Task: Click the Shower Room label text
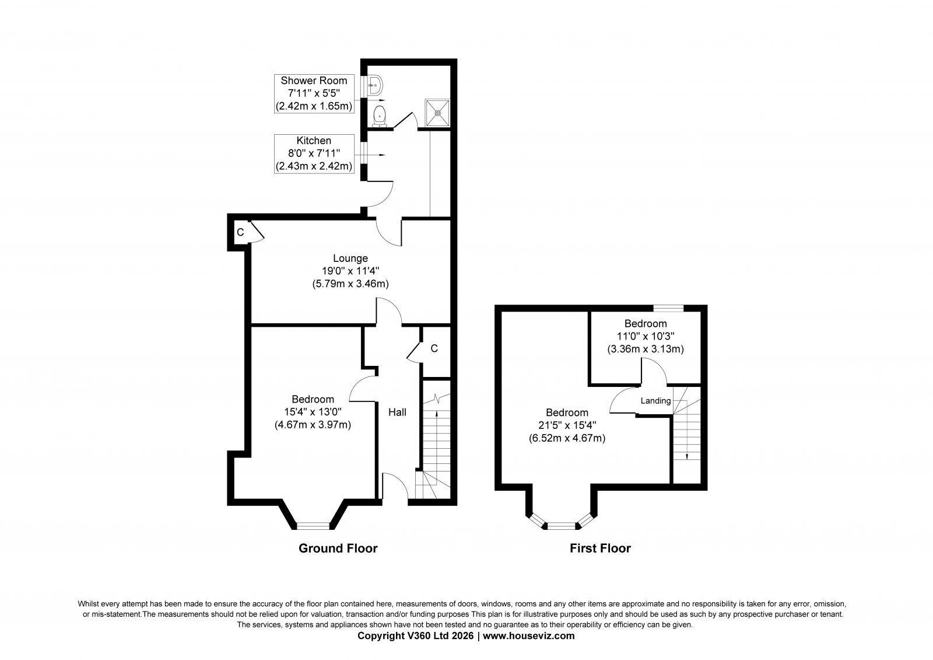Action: pyautogui.click(x=314, y=81)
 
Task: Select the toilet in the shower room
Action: pyautogui.click(x=379, y=116)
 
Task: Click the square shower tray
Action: pyautogui.click(x=437, y=113)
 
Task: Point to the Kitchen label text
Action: pyautogui.click(x=314, y=141)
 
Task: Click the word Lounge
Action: pyautogui.click(x=350, y=258)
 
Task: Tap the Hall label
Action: pyautogui.click(x=397, y=413)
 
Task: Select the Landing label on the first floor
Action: pyautogui.click(x=655, y=401)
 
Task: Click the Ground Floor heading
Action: pyautogui.click(x=338, y=548)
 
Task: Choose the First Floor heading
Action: pyautogui.click(x=600, y=548)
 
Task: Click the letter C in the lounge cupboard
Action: pyautogui.click(x=240, y=232)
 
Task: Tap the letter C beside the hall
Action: pyautogui.click(x=434, y=348)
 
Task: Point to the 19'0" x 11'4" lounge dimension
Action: pyautogui.click(x=350, y=271)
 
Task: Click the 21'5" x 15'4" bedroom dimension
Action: pyautogui.click(x=567, y=425)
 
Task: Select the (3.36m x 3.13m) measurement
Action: pyautogui.click(x=645, y=349)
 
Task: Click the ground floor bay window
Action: pyautogui.click(x=313, y=526)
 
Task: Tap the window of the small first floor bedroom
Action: pyautogui.click(x=668, y=308)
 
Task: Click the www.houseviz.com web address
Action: pyautogui.click(x=528, y=635)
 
